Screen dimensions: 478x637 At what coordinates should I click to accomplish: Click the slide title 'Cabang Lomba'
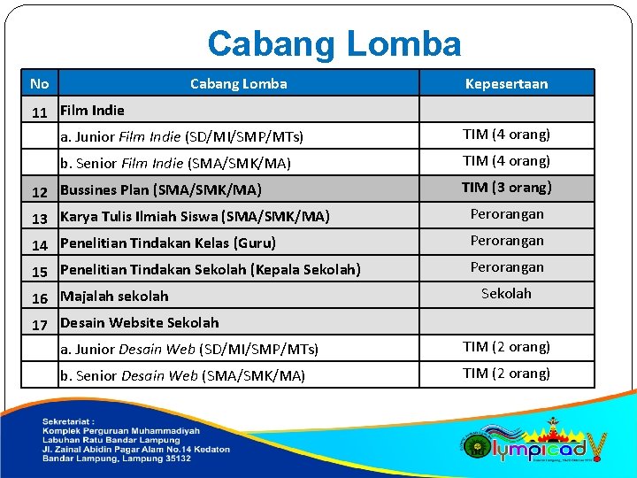[x=334, y=43]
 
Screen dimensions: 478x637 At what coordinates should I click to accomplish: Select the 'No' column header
[x=39, y=84]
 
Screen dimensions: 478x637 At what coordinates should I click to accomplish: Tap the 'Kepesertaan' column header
[x=506, y=84]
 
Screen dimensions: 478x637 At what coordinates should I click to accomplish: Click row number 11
[x=39, y=112]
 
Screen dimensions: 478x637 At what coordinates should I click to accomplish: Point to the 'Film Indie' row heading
[x=92, y=111]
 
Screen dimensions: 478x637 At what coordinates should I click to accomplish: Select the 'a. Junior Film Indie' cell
[x=181, y=137]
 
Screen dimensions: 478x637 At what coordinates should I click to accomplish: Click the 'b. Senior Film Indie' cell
[x=175, y=164]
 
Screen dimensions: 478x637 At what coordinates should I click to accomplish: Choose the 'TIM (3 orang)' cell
[x=506, y=188]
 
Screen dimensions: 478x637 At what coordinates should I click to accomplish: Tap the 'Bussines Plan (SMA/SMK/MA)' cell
[x=160, y=190]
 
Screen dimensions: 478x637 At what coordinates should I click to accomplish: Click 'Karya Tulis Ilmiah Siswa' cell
[x=195, y=217]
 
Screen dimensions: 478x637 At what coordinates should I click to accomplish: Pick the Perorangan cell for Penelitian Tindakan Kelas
[x=506, y=241]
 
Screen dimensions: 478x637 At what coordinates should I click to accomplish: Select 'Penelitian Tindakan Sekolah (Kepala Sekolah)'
[x=210, y=270]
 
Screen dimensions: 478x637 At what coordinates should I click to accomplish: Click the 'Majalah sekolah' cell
[x=114, y=297]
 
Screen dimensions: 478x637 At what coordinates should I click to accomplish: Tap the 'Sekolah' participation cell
[x=506, y=294]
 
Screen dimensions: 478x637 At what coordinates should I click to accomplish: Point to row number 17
[x=39, y=325]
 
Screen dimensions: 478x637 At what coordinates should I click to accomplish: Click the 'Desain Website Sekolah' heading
[x=139, y=323]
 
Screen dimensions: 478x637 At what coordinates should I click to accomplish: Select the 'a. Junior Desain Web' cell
[x=189, y=350]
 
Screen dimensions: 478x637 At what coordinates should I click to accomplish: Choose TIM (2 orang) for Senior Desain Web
[x=506, y=374]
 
